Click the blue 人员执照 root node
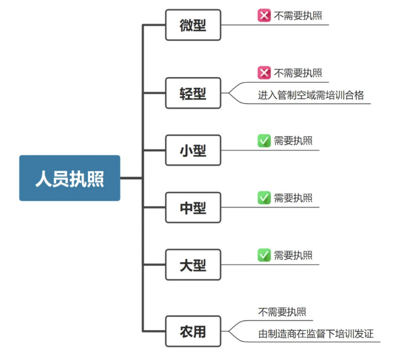click(69, 178)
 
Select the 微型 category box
click(193, 25)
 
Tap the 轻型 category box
click(193, 93)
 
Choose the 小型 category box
click(193, 150)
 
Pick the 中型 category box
click(193, 208)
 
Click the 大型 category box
click(193, 265)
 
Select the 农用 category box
click(193, 331)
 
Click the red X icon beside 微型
click(264, 16)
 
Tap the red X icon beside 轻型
click(264, 73)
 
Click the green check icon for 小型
click(264, 141)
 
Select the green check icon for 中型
click(264, 198)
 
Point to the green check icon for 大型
click(264, 255)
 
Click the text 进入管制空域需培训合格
click(311, 95)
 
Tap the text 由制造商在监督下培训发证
click(316, 333)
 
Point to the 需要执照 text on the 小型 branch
click(293, 141)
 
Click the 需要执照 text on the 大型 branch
click(293, 255)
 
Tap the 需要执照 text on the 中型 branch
click(293, 198)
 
